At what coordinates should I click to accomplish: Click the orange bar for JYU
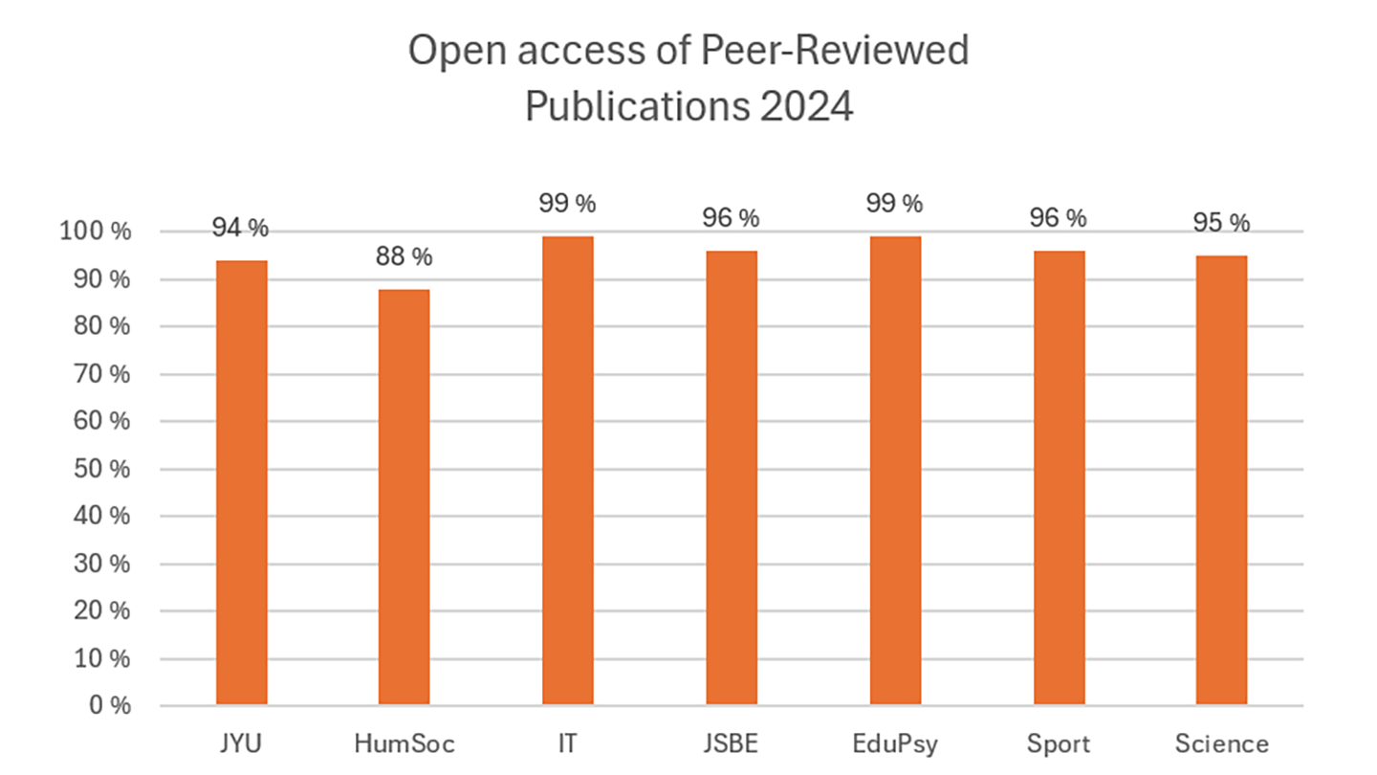click(242, 483)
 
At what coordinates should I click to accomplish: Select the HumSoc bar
click(404, 498)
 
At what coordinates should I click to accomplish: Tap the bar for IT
click(568, 471)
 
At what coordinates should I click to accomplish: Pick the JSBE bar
click(732, 478)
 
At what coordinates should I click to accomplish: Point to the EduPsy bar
click(895, 471)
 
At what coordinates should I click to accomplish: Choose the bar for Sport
click(1059, 478)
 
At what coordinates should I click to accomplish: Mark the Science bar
click(1221, 480)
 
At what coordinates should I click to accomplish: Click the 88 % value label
click(404, 257)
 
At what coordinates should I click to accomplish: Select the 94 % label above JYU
click(240, 229)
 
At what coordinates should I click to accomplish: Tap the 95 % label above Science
click(1221, 223)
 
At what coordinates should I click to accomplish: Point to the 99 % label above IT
click(568, 204)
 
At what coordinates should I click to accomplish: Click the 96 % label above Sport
click(1059, 218)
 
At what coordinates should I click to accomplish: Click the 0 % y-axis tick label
click(111, 706)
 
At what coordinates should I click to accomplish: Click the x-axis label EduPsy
click(895, 743)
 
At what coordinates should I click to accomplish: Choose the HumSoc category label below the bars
click(404, 743)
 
